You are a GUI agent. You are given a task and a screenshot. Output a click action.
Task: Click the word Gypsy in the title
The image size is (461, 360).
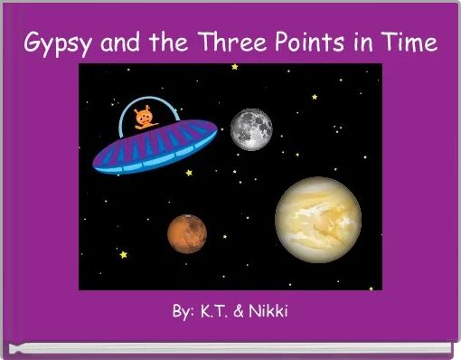[53, 43]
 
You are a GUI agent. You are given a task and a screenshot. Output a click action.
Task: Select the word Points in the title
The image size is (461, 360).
[297, 42]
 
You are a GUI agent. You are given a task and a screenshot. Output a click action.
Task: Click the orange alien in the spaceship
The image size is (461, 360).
[143, 118]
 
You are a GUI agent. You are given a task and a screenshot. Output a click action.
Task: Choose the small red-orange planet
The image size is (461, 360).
[187, 233]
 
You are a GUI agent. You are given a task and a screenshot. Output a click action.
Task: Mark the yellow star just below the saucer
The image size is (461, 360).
[189, 173]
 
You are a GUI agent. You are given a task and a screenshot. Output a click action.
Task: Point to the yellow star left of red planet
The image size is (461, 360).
[123, 255]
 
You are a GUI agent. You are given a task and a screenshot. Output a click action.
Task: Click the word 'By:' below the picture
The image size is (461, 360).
[183, 312]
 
